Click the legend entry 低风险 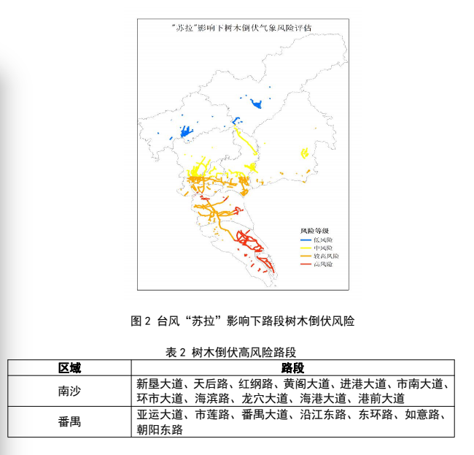(323, 240)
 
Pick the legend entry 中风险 (323, 248)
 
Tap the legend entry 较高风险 (326, 256)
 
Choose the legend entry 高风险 (323, 264)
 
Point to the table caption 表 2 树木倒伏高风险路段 (231, 352)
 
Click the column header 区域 (70, 367)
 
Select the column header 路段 (292, 367)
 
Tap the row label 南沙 (70, 391)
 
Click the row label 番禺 (70, 422)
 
